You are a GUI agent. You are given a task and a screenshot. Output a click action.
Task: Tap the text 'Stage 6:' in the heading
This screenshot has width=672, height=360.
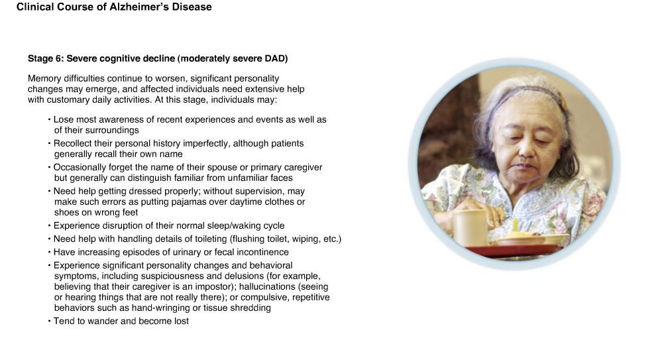click(46, 59)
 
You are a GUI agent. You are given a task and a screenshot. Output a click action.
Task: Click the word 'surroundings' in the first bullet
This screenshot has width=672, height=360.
click(97, 131)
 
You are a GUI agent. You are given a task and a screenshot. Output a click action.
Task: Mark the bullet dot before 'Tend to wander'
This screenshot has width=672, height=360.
click(49, 322)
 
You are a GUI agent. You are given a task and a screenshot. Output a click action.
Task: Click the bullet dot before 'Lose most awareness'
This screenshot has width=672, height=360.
click(49, 119)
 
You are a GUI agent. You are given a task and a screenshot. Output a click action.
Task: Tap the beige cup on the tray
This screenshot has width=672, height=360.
click(470, 227)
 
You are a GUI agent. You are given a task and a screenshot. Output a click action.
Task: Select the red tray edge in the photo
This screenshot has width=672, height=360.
click(512, 251)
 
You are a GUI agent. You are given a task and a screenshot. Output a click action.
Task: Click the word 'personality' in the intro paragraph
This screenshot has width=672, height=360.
click(256, 79)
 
